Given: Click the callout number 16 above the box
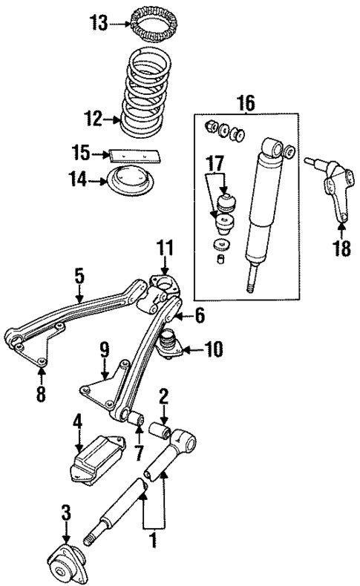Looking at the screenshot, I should pyautogui.click(x=246, y=103).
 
